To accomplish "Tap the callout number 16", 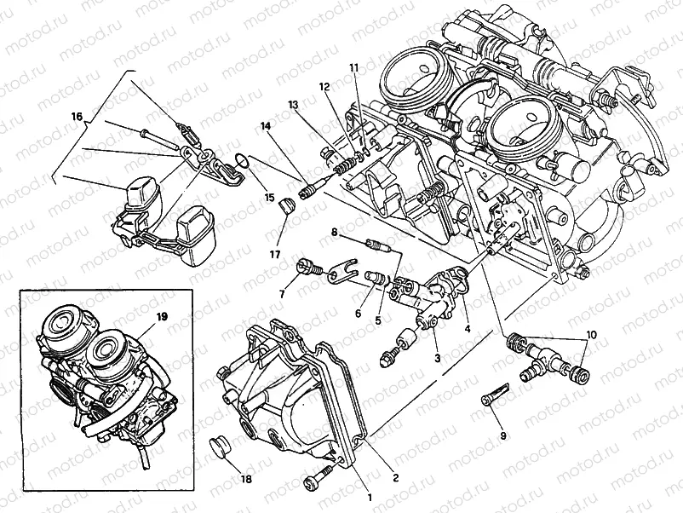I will click(x=77, y=116).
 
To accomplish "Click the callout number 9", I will click(x=502, y=435).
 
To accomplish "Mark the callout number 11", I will click(x=354, y=67).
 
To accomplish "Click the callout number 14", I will click(x=267, y=126).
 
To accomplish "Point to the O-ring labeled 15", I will click(x=242, y=159).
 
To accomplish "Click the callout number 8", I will click(x=335, y=231).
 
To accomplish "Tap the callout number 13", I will click(x=293, y=104).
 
